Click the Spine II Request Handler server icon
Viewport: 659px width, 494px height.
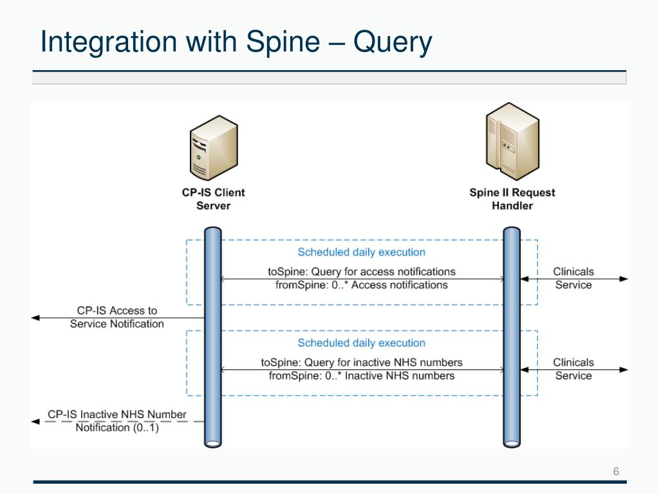pos(512,142)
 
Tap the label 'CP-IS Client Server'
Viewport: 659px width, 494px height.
pos(213,199)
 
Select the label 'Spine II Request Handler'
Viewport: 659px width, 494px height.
pos(512,199)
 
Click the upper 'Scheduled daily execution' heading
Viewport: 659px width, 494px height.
pos(361,252)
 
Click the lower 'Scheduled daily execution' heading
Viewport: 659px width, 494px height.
pos(361,343)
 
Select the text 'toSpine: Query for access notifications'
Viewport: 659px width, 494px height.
pos(361,271)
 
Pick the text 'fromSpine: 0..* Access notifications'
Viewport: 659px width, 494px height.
pos(361,285)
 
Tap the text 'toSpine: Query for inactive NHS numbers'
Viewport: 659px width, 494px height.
pos(361,362)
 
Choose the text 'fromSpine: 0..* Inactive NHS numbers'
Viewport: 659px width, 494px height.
pos(361,376)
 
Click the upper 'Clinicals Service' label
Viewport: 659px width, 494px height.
pos(573,278)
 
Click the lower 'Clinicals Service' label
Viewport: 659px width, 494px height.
pos(573,369)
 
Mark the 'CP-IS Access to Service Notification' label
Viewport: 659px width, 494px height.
pos(116,317)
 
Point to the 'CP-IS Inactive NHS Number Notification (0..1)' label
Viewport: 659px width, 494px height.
pos(116,421)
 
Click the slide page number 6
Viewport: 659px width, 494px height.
pos(616,471)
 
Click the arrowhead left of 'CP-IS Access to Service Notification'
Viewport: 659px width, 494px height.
pos(35,318)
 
